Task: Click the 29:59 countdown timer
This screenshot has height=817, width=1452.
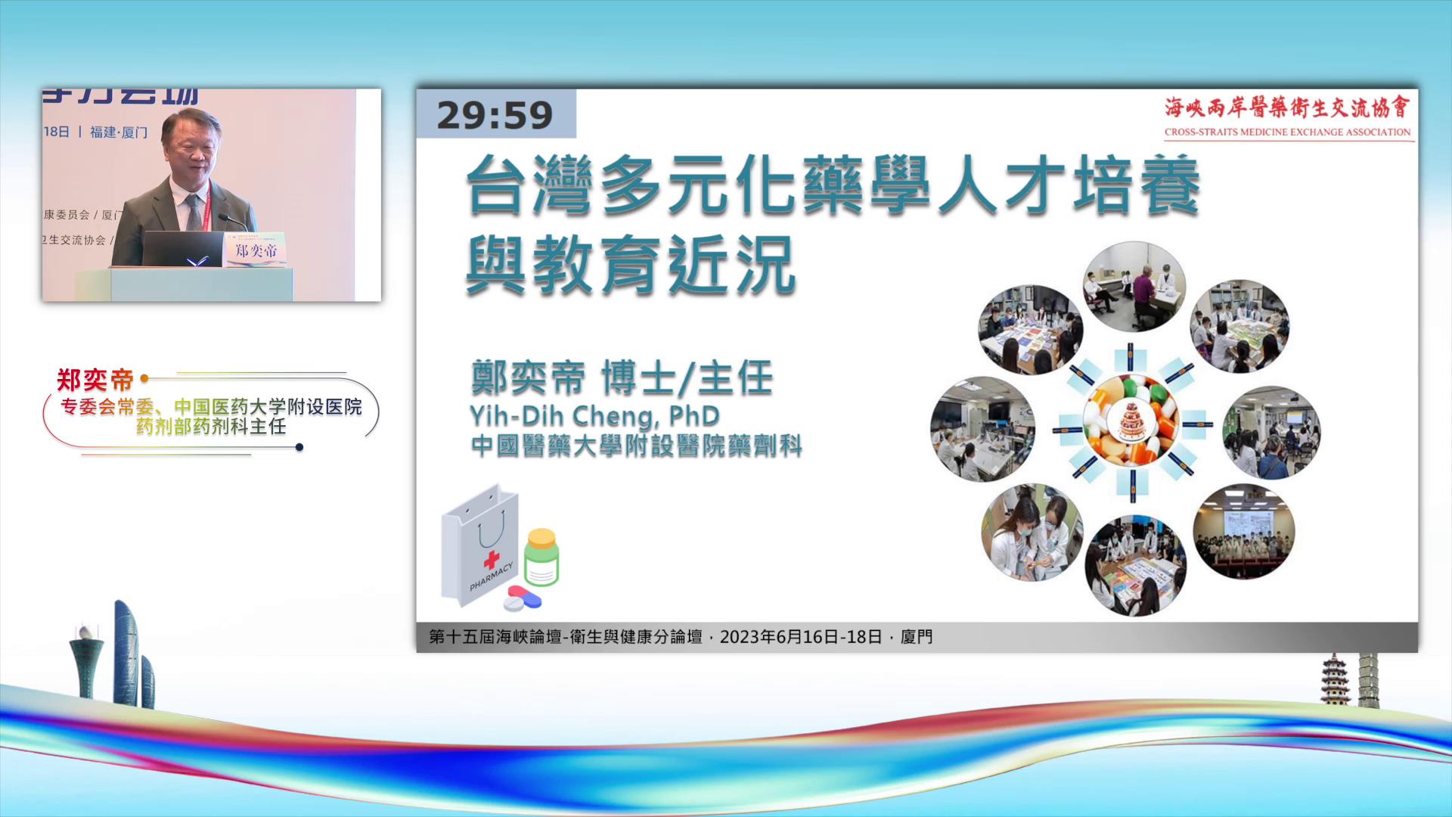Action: click(x=495, y=115)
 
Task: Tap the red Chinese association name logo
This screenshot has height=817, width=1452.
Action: click(x=1287, y=107)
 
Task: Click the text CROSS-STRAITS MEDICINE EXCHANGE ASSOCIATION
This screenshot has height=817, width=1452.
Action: click(x=1287, y=132)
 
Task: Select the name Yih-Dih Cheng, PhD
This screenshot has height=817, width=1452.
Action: click(x=594, y=415)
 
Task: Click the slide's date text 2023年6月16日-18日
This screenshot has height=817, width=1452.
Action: click(x=800, y=637)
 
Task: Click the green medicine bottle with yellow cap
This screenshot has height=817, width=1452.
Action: click(x=541, y=558)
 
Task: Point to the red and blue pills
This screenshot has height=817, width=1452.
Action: click(x=523, y=598)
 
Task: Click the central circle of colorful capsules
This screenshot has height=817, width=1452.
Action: click(x=1131, y=421)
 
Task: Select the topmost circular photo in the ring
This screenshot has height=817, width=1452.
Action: click(x=1134, y=287)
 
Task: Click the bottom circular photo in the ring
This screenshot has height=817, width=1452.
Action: click(x=1135, y=565)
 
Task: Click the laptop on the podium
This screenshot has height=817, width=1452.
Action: click(x=182, y=249)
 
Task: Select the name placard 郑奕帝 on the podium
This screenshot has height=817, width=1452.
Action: click(x=256, y=250)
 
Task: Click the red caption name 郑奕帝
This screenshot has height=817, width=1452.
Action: click(x=95, y=379)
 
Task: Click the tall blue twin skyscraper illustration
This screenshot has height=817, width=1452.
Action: click(x=126, y=654)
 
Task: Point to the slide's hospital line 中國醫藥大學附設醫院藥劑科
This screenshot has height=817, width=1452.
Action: click(x=635, y=446)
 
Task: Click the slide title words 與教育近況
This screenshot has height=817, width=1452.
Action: click(x=630, y=265)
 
